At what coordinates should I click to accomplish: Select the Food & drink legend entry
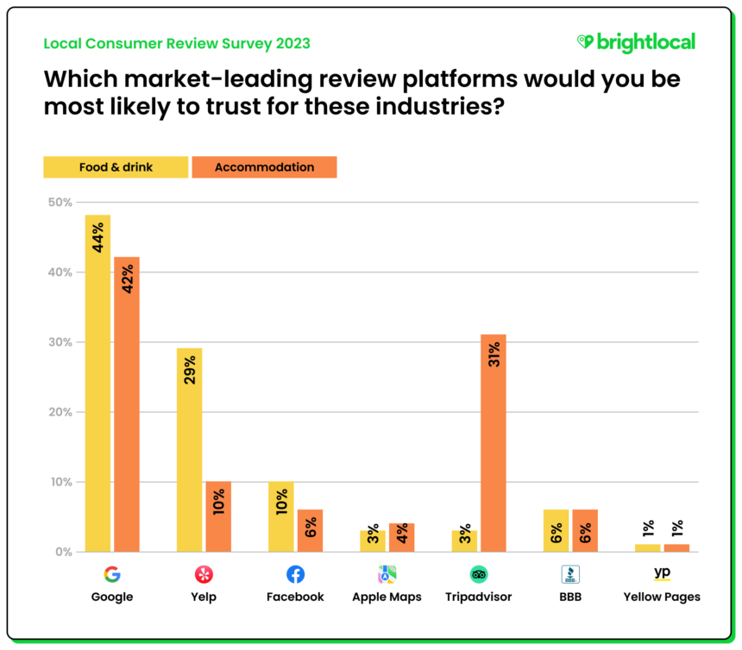[x=116, y=166]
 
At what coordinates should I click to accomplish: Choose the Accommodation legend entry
[x=264, y=166]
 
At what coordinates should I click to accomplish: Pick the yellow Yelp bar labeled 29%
[x=189, y=449]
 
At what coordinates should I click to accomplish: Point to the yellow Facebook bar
[x=281, y=516]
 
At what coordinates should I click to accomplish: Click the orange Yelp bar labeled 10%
[x=218, y=516]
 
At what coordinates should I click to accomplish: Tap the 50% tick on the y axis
[x=60, y=202]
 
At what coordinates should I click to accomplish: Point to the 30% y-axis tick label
[x=60, y=342]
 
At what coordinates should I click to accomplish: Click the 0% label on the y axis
[x=63, y=552]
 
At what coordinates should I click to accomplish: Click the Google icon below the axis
[x=112, y=574]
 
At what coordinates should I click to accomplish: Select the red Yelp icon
[x=204, y=574]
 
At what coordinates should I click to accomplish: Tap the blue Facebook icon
[x=295, y=574]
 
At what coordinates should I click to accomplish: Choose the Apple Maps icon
[x=387, y=574]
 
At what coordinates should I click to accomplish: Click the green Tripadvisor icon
[x=478, y=574]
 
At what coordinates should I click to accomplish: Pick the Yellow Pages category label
[x=662, y=597]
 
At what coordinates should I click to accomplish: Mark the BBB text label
[x=569, y=597]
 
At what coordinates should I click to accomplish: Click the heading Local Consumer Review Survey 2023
[x=177, y=43]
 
